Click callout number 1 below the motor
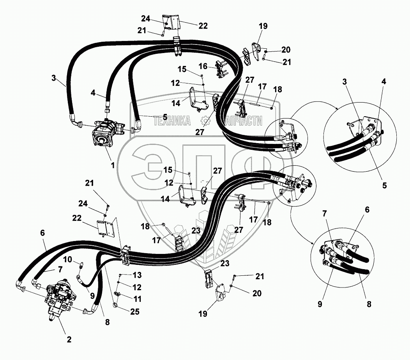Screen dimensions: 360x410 112,165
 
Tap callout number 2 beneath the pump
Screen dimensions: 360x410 69,339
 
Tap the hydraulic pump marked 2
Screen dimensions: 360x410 58,298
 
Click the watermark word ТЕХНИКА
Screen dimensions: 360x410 172,121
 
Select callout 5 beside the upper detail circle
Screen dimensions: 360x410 384,185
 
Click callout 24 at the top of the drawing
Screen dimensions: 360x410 146,18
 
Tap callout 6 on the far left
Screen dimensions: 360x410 42,233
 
